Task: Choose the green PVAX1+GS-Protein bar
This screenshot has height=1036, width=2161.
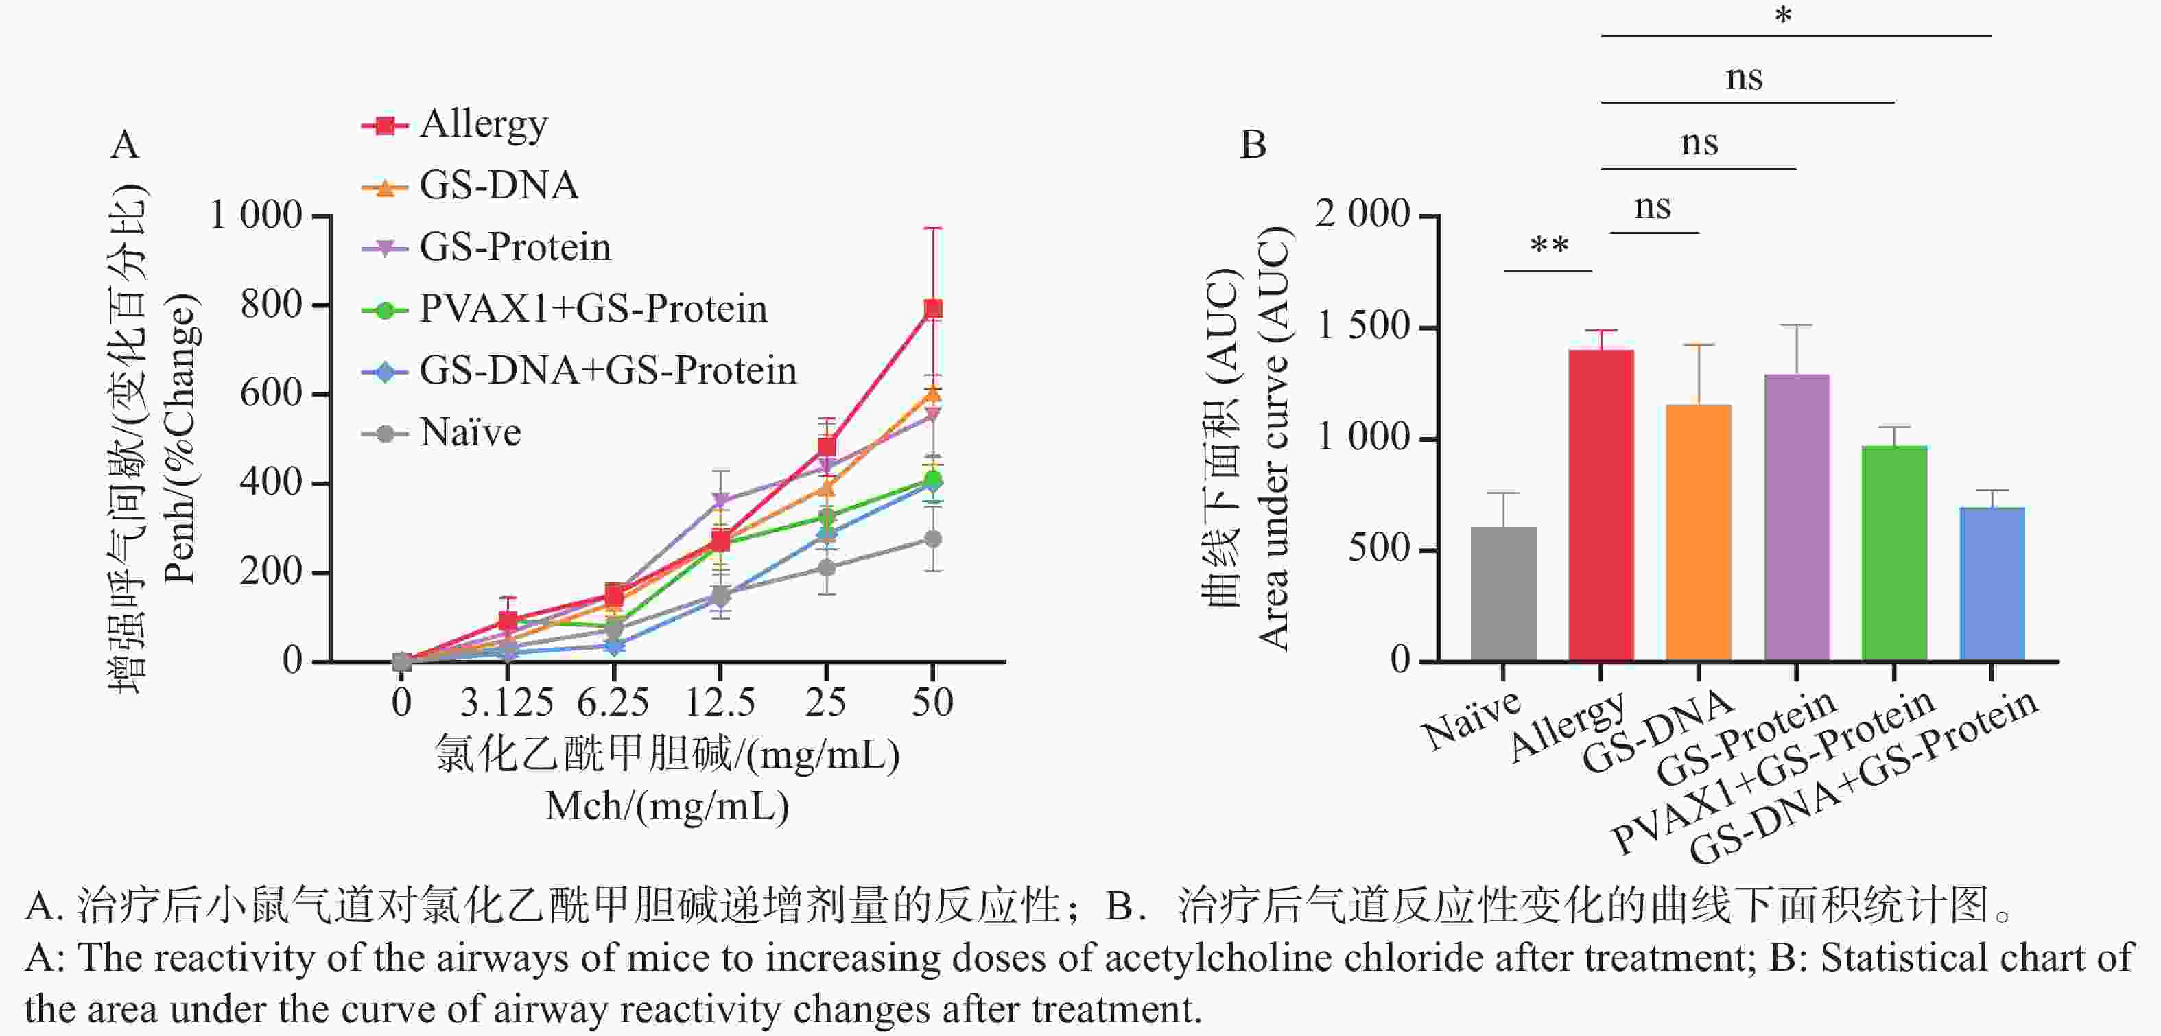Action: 1894,553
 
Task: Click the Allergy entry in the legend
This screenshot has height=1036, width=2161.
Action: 483,124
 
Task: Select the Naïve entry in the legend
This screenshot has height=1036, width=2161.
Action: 470,433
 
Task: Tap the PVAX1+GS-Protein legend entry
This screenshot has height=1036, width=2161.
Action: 592,309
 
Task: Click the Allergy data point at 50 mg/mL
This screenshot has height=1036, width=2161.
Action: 933,309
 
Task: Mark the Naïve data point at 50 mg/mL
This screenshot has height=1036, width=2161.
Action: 933,539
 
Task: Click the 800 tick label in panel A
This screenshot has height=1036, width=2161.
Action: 270,305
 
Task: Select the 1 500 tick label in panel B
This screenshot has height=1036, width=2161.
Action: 1362,327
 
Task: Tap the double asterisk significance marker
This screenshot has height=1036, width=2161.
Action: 1548,246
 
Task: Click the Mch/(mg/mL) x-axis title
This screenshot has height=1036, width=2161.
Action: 667,806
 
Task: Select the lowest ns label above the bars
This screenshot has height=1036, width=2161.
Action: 1653,207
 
